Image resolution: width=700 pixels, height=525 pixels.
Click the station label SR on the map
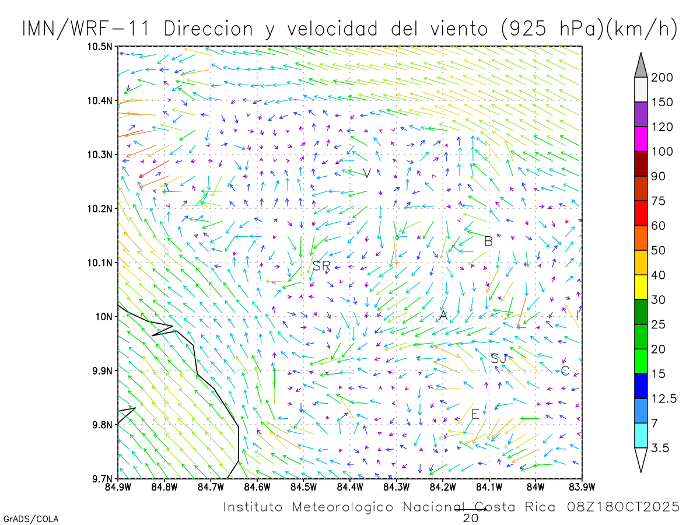(x=321, y=266)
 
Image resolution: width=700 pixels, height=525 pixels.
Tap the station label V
(x=367, y=173)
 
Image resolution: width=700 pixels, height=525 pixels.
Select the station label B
(x=489, y=241)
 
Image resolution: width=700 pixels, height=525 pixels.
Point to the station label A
(x=443, y=316)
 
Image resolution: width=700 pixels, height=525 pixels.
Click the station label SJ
(x=499, y=359)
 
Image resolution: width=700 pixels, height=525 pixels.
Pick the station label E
(x=475, y=415)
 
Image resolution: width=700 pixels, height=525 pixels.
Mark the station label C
(x=565, y=371)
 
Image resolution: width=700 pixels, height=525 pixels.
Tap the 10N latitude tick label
(x=105, y=317)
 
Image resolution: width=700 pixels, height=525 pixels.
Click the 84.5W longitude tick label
(x=303, y=487)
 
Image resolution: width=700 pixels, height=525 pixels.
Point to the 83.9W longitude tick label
(x=582, y=487)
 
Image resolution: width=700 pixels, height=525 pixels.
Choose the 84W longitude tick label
(x=535, y=487)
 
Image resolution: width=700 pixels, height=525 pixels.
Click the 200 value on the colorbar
(x=663, y=78)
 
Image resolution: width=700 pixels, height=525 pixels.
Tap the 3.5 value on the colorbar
(x=660, y=448)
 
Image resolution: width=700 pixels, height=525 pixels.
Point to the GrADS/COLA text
(x=31, y=519)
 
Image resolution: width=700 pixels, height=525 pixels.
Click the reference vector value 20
(x=471, y=518)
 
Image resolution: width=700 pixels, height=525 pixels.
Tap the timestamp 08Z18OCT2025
(x=624, y=507)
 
